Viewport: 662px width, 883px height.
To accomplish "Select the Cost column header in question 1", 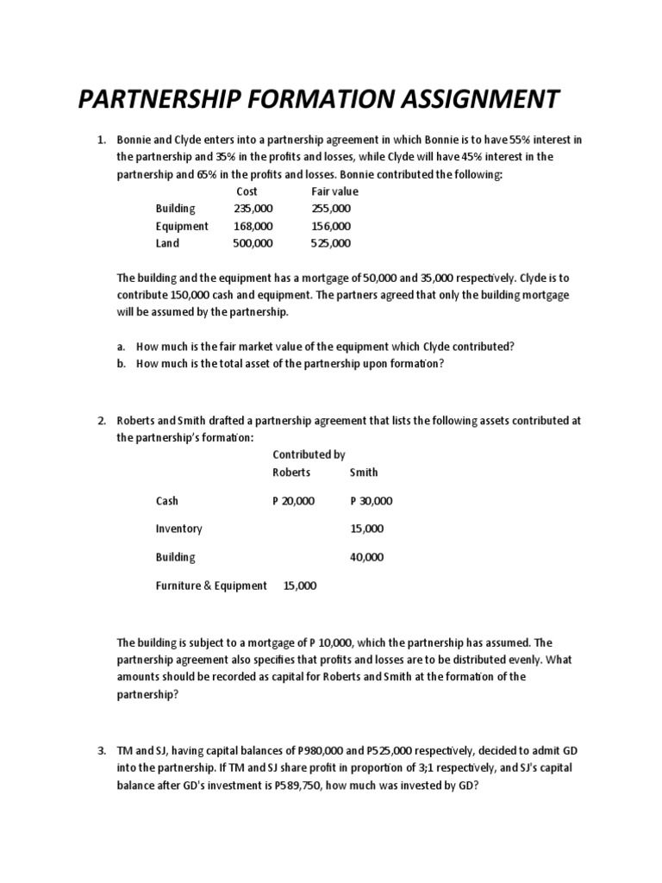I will pos(247,191).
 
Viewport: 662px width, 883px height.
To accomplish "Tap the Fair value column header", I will pos(334,191).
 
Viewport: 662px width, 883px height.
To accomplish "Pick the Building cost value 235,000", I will pos(253,209).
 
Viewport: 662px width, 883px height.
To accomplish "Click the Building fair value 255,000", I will pos(331,209).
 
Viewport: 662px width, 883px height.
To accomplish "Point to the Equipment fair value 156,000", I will pos(331,226).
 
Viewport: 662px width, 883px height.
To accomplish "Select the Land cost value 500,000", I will pos(253,243).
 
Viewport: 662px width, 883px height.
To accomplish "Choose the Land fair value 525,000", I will pos(331,243).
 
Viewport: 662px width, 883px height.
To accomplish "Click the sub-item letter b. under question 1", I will pos(122,363).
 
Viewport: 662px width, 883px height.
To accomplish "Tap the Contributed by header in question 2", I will pos(309,454).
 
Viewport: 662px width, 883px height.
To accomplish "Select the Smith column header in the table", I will pos(364,473).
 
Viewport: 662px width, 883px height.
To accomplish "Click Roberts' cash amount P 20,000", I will pos(294,501).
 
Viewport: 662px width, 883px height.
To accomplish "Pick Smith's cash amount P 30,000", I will pos(372,501).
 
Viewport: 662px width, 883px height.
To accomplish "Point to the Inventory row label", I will pos(178,529).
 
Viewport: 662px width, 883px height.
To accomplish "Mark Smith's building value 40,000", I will pos(367,557).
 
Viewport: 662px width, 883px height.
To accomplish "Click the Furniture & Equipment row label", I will pos(211,586).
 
